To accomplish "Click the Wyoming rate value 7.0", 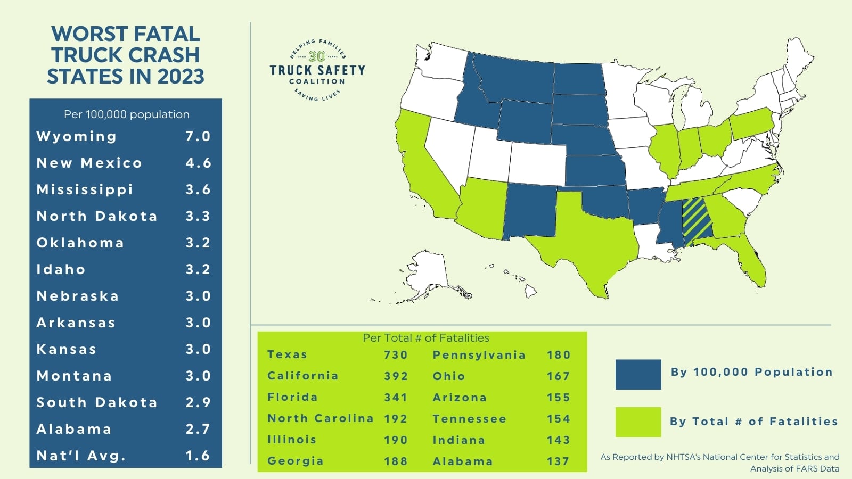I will pos(198,136).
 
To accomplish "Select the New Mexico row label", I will pos(89,163).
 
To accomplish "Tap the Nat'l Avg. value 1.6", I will pos(198,456).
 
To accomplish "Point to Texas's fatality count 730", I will pos(396,355).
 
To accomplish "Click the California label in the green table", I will pos(302,376).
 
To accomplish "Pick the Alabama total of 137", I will pos(558,461).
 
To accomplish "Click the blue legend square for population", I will pos(638,374).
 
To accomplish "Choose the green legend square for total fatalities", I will pos(638,422).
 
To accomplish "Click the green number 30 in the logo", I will pos(317,56).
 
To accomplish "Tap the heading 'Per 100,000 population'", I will pos(126,114).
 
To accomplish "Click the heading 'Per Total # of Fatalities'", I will pos(425,338).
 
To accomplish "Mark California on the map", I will pos(421,160).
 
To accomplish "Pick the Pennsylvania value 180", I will pos(558,355).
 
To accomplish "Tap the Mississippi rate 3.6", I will pos(198,189).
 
